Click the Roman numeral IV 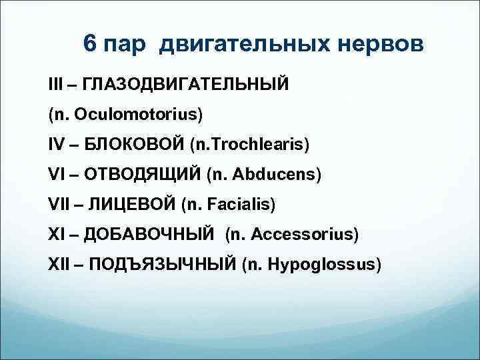(57, 145)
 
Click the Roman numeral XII (60, 265)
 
